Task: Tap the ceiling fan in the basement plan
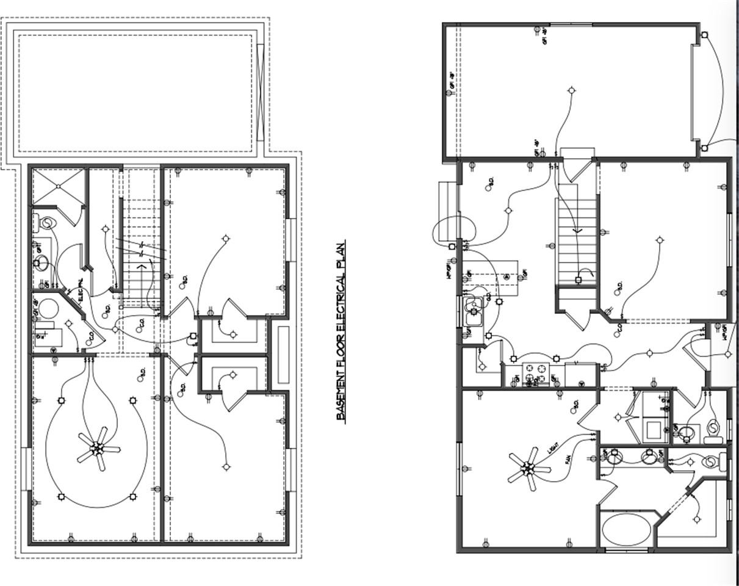(98, 449)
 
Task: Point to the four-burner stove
(536, 373)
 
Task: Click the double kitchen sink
(474, 311)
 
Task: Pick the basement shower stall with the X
(59, 186)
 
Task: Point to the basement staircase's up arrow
(142, 267)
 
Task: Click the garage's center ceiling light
(572, 90)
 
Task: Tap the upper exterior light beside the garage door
(704, 35)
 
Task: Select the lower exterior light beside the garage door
(704, 148)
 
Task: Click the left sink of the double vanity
(614, 455)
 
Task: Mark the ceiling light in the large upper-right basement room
(226, 238)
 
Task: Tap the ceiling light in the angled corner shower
(697, 519)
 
